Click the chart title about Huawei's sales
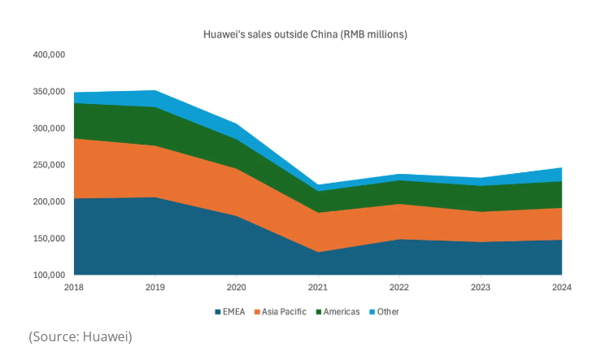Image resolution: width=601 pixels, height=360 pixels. point(304,35)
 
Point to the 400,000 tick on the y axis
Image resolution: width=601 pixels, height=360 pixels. point(48,54)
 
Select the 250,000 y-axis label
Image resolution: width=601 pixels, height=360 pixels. point(48,165)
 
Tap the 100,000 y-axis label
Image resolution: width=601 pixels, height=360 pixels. point(48,275)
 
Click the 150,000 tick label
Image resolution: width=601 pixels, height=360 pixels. point(48,239)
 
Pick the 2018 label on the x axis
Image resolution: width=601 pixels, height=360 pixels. point(73,287)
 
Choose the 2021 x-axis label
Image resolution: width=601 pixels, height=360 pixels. point(317,287)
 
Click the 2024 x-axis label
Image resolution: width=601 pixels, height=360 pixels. point(561,287)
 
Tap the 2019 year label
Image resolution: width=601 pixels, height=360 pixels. point(155,287)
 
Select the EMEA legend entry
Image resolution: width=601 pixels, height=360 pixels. point(233,311)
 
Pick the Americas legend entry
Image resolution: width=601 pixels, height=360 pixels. point(341,311)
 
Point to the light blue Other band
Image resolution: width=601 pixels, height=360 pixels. point(155,98)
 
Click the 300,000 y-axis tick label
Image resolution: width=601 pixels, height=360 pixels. point(48,128)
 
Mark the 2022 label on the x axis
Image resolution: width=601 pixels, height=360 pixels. point(398,287)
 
